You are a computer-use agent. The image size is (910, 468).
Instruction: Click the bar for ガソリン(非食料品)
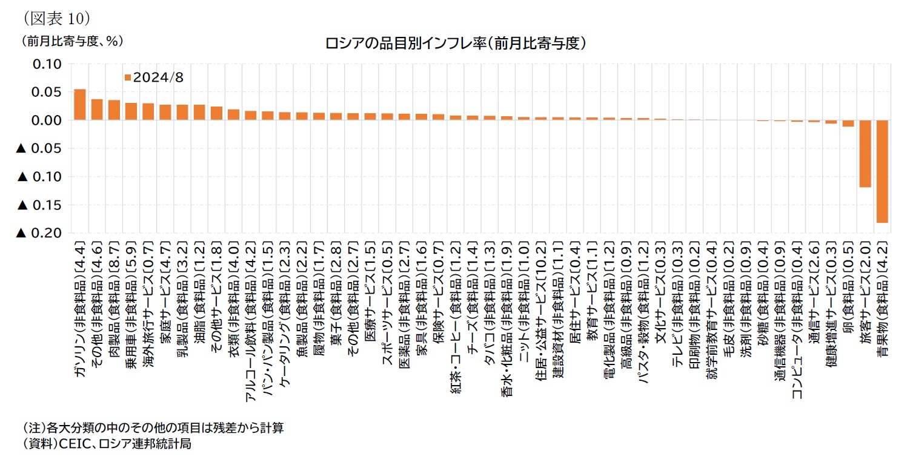[x=79, y=105]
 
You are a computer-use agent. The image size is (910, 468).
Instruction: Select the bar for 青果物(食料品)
[x=882, y=171]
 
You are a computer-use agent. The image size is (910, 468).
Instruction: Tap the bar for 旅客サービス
[x=865, y=154]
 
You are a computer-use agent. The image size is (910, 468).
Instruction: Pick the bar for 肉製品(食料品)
[x=114, y=110]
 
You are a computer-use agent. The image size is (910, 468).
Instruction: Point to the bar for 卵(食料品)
[x=848, y=124]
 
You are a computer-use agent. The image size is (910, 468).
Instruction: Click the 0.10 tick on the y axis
[x=47, y=64]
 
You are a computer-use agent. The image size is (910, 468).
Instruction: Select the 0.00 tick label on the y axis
[x=47, y=120]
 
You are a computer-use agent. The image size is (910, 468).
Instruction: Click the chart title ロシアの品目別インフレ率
[x=455, y=44]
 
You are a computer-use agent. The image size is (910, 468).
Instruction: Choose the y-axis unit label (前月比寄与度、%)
[x=73, y=41]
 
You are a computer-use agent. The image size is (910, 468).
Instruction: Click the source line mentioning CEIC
[x=107, y=444]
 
